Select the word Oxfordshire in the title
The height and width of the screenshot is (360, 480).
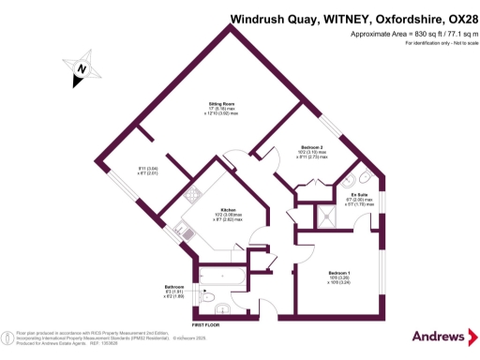click(392, 20)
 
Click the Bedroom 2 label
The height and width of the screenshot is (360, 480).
click(312, 147)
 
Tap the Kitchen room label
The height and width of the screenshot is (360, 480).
click(228, 210)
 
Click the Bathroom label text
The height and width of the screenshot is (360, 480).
click(173, 287)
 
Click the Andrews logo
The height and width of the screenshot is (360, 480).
click(438, 337)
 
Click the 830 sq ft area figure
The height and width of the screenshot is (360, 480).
click(423, 34)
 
